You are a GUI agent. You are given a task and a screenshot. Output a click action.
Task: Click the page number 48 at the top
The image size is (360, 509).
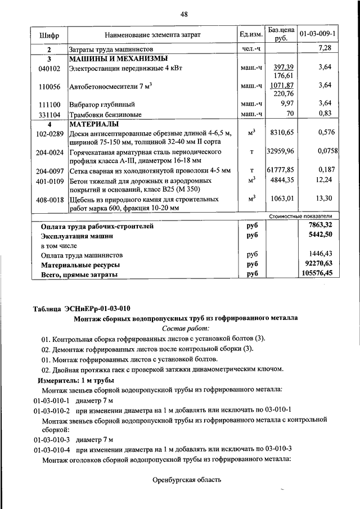[183, 15]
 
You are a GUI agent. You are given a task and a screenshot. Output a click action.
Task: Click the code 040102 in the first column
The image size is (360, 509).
[49, 68]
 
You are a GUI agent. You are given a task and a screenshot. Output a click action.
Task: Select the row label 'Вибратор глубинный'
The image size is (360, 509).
[101, 105]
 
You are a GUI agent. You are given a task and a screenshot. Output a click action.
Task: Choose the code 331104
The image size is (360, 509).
[49, 114]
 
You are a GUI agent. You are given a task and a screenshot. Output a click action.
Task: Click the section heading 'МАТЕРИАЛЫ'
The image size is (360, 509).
[93, 124]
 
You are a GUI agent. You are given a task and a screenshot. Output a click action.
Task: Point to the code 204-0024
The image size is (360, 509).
[49, 152]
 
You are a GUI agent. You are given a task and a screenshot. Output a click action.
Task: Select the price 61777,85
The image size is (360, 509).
[281, 170]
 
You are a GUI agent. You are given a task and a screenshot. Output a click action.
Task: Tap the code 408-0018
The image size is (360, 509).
[49, 199]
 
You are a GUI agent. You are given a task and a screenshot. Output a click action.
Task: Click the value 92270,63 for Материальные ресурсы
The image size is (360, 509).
[318, 264]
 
